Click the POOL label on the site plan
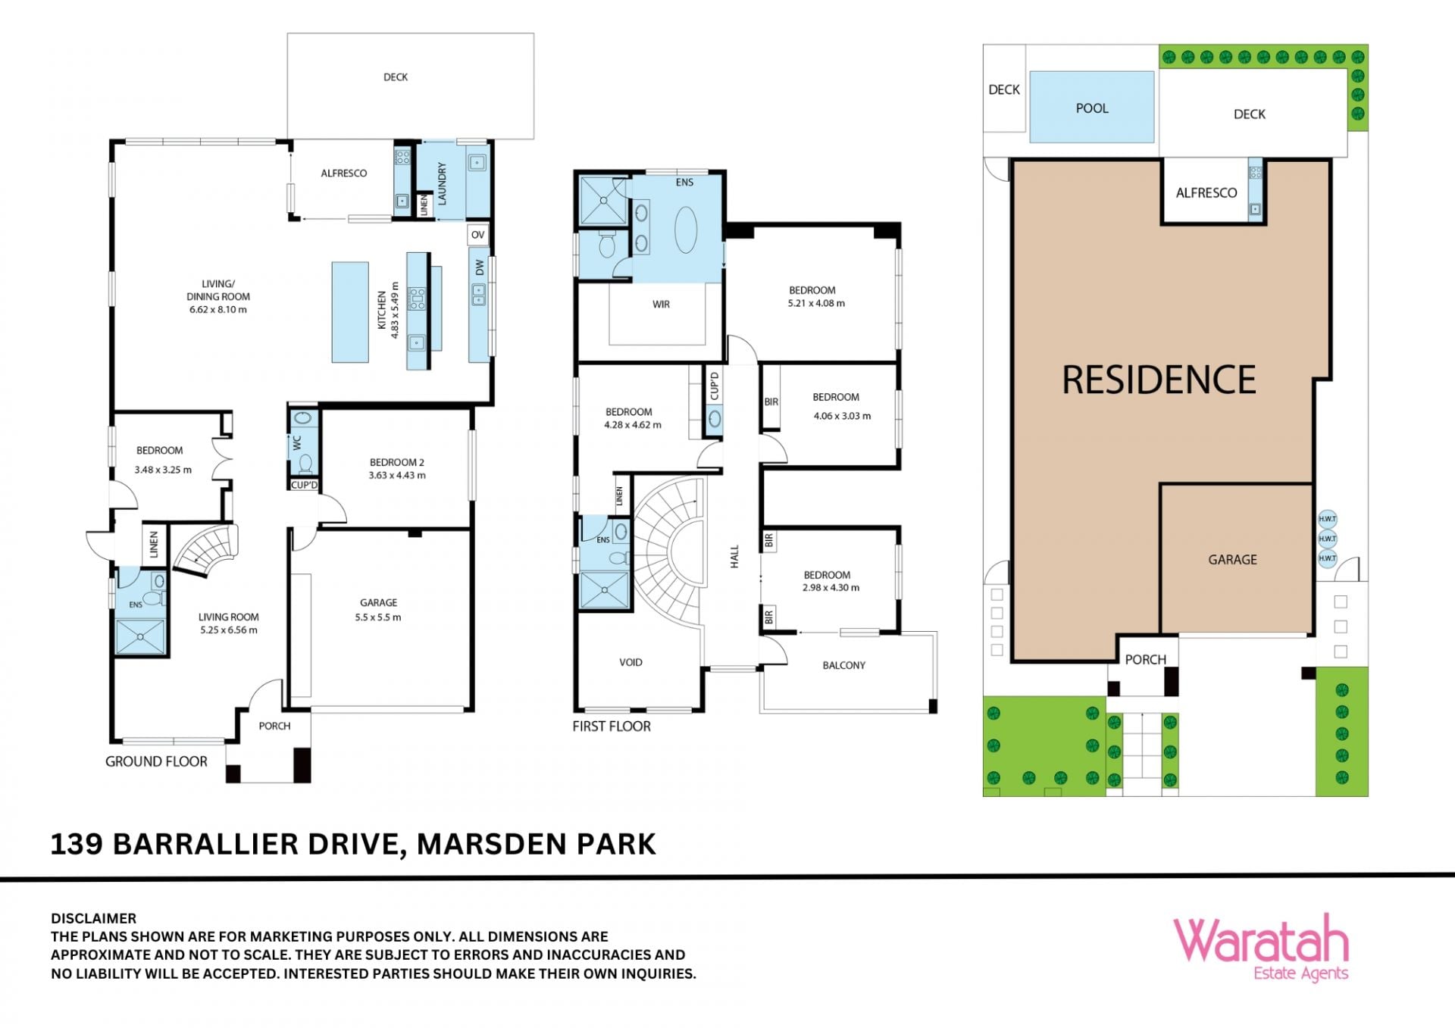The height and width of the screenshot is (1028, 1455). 1092,108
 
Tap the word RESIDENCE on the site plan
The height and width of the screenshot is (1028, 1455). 1159,380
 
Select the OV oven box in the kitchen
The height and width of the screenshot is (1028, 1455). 477,235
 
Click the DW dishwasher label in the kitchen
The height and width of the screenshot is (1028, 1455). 479,267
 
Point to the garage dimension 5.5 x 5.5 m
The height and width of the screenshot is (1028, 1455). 378,617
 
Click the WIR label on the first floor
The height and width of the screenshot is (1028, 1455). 661,305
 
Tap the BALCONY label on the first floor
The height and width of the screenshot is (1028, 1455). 843,665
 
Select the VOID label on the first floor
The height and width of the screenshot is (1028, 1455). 630,662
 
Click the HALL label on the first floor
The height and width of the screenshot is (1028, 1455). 734,557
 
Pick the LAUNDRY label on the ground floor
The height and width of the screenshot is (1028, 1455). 442,184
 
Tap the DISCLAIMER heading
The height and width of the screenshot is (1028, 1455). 94,918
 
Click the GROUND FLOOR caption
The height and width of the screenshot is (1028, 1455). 156,761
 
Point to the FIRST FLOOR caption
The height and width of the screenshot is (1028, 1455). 612,726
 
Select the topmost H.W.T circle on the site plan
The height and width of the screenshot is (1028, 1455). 1327,519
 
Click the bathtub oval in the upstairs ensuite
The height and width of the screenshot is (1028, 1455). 686,230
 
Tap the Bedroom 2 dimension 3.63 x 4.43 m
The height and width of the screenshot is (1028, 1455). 397,476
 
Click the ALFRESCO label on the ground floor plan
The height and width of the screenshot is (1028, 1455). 343,173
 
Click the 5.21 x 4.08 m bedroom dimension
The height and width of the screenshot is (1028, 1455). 816,303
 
